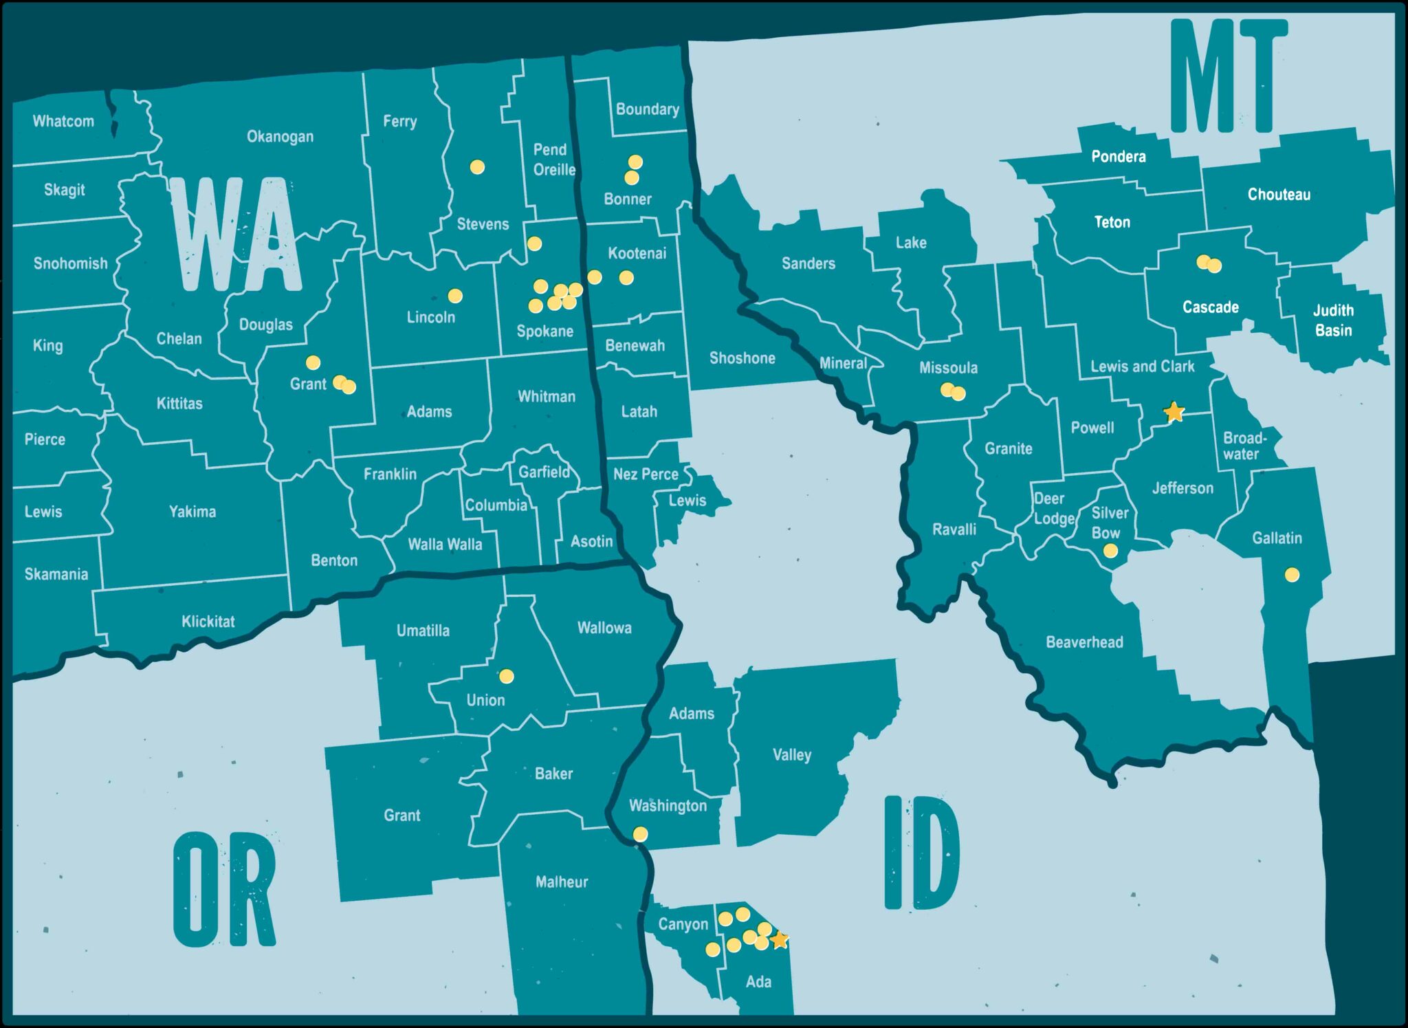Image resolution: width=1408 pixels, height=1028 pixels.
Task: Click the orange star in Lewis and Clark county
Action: tap(1174, 412)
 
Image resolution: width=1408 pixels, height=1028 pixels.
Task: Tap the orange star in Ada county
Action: tap(779, 940)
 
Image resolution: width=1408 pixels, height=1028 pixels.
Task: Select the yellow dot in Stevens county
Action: tap(477, 167)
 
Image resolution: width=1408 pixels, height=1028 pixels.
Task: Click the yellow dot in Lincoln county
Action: tap(455, 296)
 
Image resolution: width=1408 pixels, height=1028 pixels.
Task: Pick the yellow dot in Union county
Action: tap(507, 677)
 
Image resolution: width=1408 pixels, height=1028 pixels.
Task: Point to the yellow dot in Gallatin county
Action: tap(1292, 575)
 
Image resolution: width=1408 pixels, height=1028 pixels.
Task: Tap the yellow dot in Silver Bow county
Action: tap(1110, 551)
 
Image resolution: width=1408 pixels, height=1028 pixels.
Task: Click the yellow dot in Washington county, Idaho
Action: tap(640, 834)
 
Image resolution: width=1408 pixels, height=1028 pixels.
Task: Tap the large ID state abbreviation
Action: tap(921, 853)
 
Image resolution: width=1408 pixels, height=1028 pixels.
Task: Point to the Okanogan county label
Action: tap(280, 137)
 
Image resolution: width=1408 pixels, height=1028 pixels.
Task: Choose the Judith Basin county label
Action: tap(1333, 320)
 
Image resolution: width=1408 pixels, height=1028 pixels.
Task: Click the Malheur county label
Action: tap(562, 882)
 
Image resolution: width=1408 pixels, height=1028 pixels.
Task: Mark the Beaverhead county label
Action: tap(1084, 642)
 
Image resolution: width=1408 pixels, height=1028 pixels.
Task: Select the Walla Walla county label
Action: tap(445, 545)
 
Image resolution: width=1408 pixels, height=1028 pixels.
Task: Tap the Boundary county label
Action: tap(647, 109)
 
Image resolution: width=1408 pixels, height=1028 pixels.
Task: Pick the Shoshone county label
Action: tap(742, 358)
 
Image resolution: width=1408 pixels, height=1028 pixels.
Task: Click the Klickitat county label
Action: tap(208, 622)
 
